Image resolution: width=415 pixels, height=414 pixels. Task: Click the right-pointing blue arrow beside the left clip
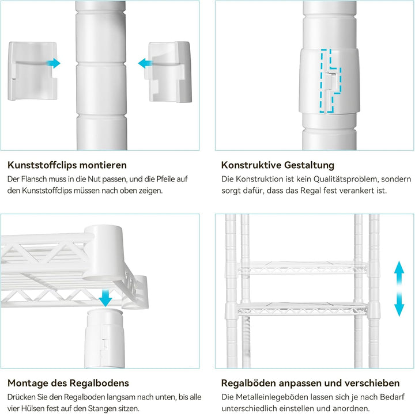[54, 63]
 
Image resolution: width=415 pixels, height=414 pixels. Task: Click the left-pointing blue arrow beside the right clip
[145, 63]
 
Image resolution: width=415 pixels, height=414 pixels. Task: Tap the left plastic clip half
[32, 71]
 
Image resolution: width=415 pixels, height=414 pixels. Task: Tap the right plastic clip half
[168, 71]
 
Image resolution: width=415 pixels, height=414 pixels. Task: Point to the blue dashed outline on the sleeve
[330, 81]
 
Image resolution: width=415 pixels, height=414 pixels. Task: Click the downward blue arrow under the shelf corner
[105, 298]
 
